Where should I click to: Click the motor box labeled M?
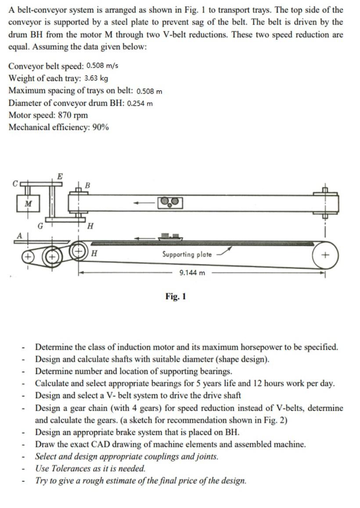[29, 203]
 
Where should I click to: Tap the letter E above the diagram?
[60, 176]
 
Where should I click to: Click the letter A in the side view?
[19, 235]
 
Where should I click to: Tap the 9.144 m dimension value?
[192, 273]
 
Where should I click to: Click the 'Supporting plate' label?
[187, 254]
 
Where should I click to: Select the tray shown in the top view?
[169, 202]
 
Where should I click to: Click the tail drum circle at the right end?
[325, 255]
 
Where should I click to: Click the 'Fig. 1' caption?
[176, 296]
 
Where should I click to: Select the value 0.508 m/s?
[102, 66]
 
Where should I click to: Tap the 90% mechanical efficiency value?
[100, 127]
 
